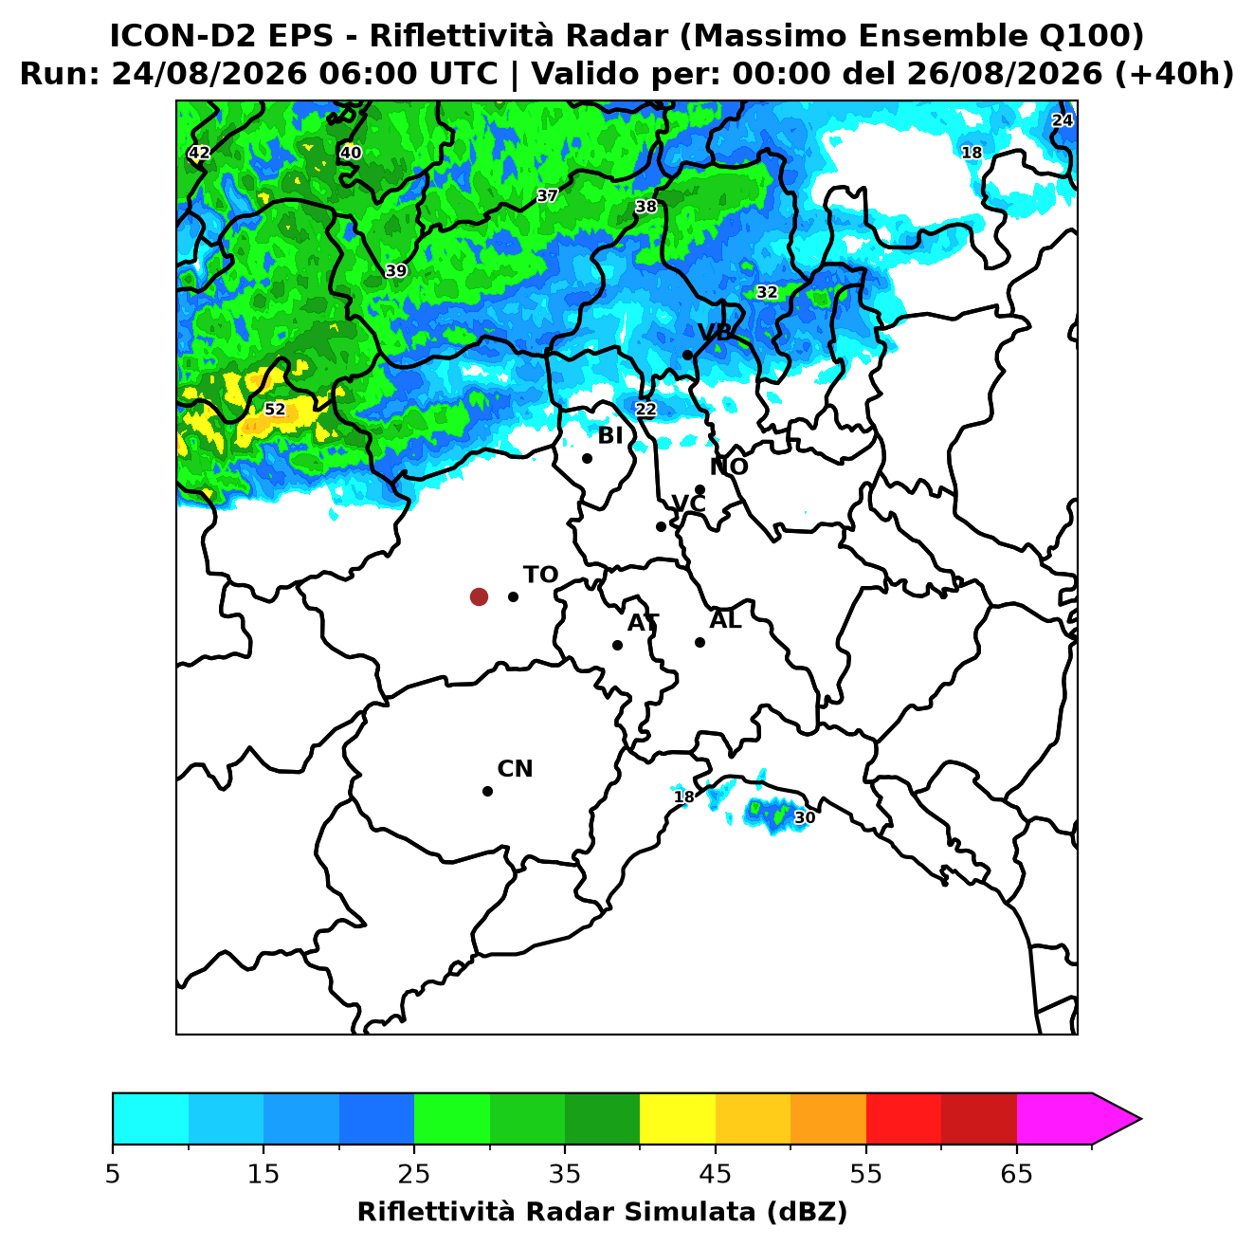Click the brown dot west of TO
click(x=479, y=596)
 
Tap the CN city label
click(x=515, y=769)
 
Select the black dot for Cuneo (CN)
click(x=487, y=792)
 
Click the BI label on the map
click(x=609, y=436)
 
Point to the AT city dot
click(x=617, y=645)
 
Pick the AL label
click(x=725, y=620)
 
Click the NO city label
click(x=728, y=467)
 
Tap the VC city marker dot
click(x=661, y=526)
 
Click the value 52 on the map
click(x=275, y=409)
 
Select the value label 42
click(x=199, y=153)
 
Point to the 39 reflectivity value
click(x=395, y=270)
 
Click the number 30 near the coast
click(x=805, y=817)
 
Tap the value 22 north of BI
click(x=645, y=409)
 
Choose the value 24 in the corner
click(x=1062, y=120)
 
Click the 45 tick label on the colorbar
click(x=715, y=1174)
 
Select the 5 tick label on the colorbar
click(x=113, y=1174)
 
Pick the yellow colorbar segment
click(x=677, y=1119)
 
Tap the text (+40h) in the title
click(x=1174, y=74)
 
